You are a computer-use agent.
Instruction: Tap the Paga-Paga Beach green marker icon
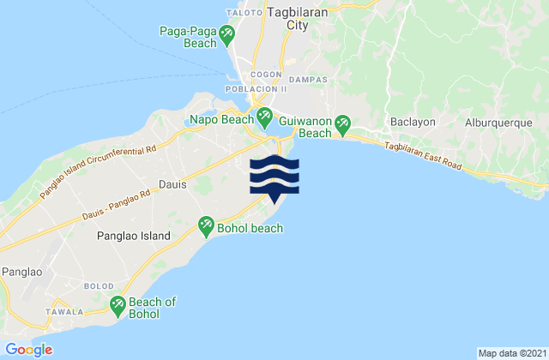tap(227, 35)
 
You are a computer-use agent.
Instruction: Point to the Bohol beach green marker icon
tap(206, 226)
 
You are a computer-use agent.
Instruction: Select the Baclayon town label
tap(413, 122)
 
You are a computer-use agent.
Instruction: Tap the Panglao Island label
tap(132, 235)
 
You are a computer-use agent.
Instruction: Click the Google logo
tap(28, 349)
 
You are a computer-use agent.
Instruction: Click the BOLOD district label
tap(97, 284)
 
